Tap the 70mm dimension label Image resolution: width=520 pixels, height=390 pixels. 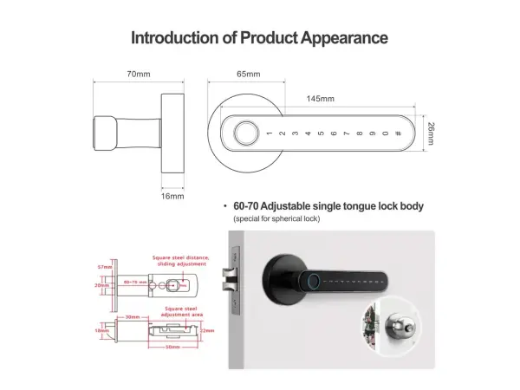coord(138,75)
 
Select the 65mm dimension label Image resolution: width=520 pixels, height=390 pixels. coord(249,75)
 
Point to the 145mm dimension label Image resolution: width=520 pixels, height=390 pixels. coord(320,99)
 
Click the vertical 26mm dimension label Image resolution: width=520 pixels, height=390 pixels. coord(431,133)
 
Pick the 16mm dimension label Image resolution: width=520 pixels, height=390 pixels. coord(172,196)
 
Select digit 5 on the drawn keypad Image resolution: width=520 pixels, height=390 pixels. coord(321,133)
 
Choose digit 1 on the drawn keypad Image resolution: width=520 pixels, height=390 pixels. coord(270,133)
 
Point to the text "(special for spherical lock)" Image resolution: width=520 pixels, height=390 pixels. coord(276,219)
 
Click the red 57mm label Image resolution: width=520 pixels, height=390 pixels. coord(101,266)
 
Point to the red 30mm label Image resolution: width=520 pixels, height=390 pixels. coord(132,316)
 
